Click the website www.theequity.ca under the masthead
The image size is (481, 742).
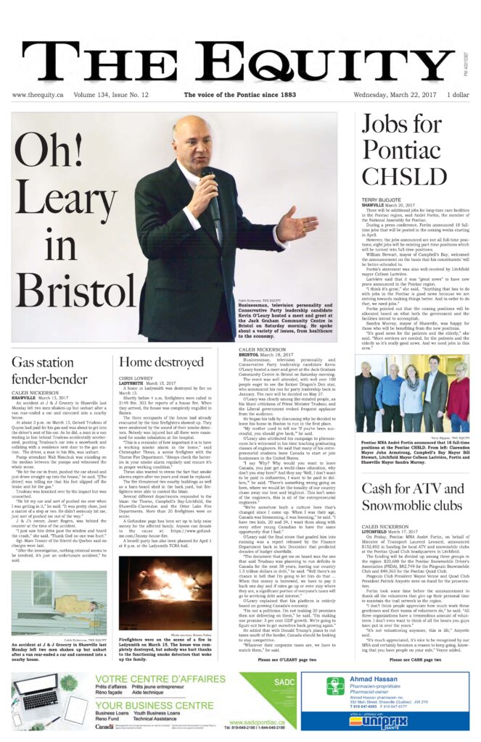37,95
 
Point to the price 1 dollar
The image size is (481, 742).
459,95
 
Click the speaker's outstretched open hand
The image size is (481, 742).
298,228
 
